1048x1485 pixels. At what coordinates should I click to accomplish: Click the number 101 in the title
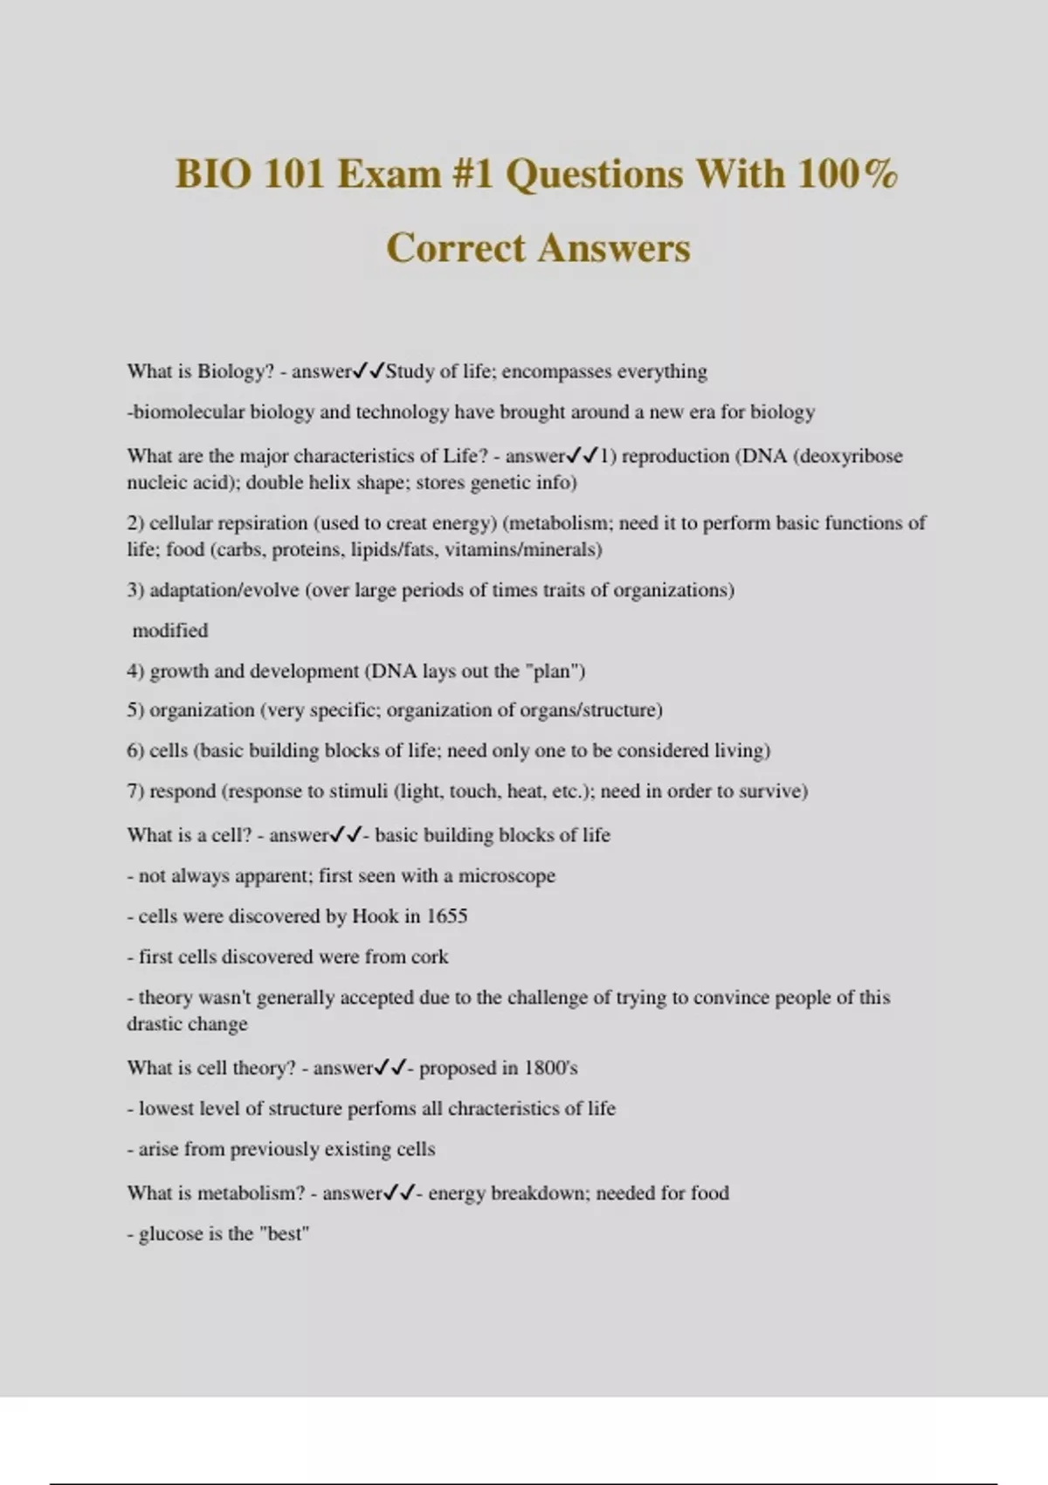click(294, 174)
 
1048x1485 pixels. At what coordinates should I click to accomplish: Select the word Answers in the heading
click(613, 248)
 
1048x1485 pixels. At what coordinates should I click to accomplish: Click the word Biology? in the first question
click(236, 371)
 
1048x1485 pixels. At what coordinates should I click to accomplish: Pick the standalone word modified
click(170, 631)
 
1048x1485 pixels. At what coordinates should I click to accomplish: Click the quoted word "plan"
click(552, 672)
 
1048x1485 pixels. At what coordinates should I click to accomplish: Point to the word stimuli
click(358, 791)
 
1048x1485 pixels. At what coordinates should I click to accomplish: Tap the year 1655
click(446, 916)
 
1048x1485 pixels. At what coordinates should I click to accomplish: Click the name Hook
click(375, 916)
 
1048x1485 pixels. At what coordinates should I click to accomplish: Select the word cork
click(430, 957)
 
